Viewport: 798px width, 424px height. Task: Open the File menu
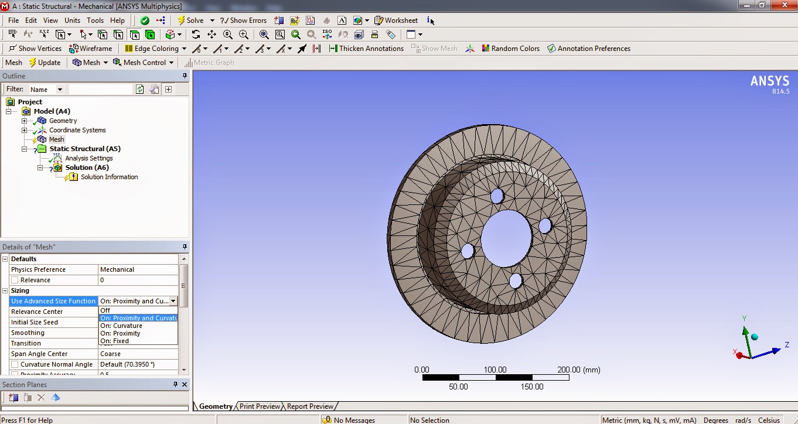click(13, 20)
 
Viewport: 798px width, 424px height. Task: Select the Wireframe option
click(91, 49)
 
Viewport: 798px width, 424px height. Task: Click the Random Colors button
click(510, 49)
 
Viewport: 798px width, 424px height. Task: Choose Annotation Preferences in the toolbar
click(589, 49)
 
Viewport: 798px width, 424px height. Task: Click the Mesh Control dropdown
click(144, 63)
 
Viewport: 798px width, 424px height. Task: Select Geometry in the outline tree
click(63, 121)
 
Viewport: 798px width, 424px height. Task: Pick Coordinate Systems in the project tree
click(77, 130)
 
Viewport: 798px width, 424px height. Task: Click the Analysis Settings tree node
click(88, 158)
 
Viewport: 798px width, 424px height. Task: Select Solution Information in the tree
click(109, 177)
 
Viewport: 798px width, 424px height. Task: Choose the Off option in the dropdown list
click(105, 310)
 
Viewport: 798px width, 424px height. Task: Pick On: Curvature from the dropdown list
click(121, 326)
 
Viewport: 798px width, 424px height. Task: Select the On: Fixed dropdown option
click(115, 341)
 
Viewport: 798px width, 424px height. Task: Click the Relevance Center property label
click(37, 312)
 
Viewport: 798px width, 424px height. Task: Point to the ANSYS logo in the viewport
click(769, 82)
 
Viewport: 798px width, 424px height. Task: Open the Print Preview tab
click(260, 406)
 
